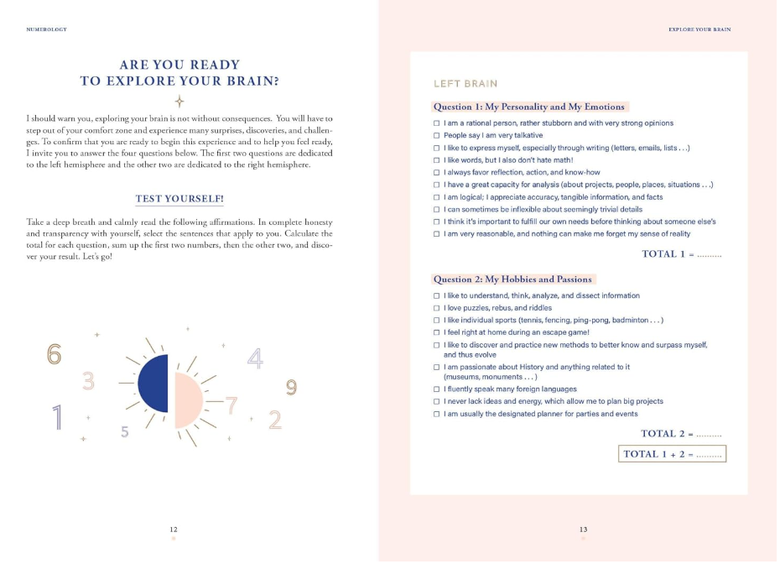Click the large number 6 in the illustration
pyautogui.click(x=55, y=354)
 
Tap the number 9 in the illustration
pyautogui.click(x=291, y=387)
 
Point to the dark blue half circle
pyautogui.click(x=154, y=384)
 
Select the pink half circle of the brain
pyautogui.click(x=189, y=399)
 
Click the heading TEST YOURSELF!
pyautogui.click(x=179, y=199)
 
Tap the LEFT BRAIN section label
pyautogui.click(x=465, y=84)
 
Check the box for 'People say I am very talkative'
pyautogui.click(x=436, y=136)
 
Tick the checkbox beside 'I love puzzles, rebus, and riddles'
pyautogui.click(x=436, y=308)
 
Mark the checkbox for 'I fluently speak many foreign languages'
pyautogui.click(x=436, y=389)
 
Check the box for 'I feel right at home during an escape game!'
pyautogui.click(x=436, y=332)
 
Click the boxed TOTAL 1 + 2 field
pyautogui.click(x=672, y=454)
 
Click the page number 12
pyautogui.click(x=174, y=530)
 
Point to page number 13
pyautogui.click(x=583, y=530)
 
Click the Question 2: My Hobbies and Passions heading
pyautogui.click(x=512, y=279)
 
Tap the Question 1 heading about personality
pyautogui.click(x=528, y=107)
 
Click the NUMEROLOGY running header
pyautogui.click(x=47, y=29)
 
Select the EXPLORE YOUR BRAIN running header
pyautogui.click(x=699, y=29)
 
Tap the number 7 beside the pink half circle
pyautogui.click(x=232, y=405)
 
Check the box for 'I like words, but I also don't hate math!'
pyautogui.click(x=436, y=160)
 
